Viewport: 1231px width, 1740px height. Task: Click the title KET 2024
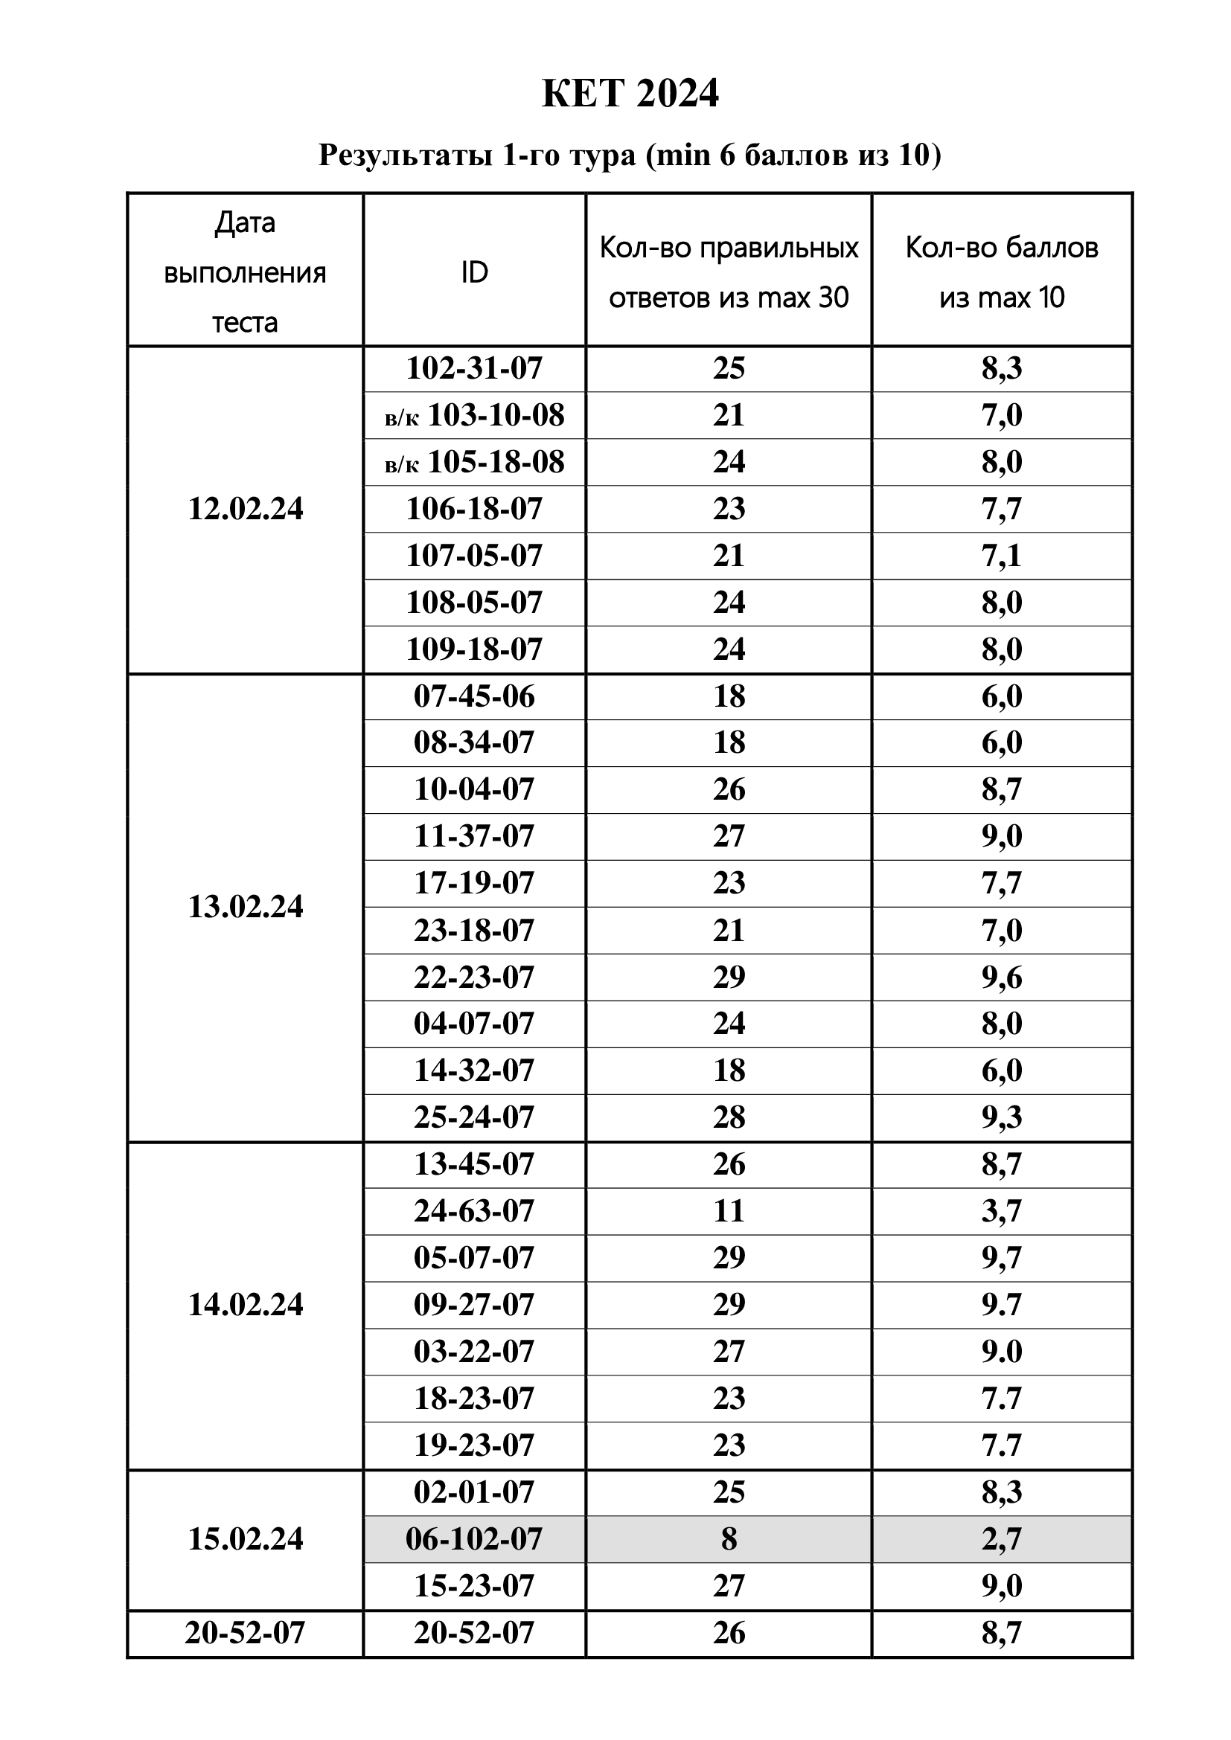pyautogui.click(x=630, y=94)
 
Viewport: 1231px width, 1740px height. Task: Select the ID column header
pyautogui.click(x=475, y=272)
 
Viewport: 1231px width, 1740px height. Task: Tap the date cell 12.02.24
pyautogui.click(x=245, y=509)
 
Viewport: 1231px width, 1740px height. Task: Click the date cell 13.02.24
pyautogui.click(x=245, y=906)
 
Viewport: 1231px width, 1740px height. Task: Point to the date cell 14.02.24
pyautogui.click(x=245, y=1304)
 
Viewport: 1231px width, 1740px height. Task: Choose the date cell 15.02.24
pyautogui.click(x=245, y=1538)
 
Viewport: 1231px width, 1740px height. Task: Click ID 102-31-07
pyautogui.click(x=475, y=368)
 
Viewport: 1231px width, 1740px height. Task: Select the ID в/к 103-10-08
pyautogui.click(x=475, y=415)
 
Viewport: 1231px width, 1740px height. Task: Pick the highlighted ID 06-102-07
pyautogui.click(x=475, y=1538)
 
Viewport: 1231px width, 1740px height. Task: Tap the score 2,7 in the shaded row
pyautogui.click(x=1001, y=1538)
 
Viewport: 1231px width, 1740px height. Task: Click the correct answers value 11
pyautogui.click(x=729, y=1210)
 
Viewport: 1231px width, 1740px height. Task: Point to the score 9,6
pyautogui.click(x=1001, y=977)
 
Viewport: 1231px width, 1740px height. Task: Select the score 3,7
pyautogui.click(x=1001, y=1210)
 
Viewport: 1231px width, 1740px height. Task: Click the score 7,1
pyautogui.click(x=1001, y=556)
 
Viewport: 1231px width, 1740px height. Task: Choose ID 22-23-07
pyautogui.click(x=475, y=977)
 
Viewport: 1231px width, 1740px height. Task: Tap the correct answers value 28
pyautogui.click(x=729, y=1117)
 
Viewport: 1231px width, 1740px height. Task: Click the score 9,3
pyautogui.click(x=1001, y=1117)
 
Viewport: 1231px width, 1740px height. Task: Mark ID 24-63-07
pyautogui.click(x=475, y=1210)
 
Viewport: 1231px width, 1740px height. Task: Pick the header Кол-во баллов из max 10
pyautogui.click(x=1001, y=272)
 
